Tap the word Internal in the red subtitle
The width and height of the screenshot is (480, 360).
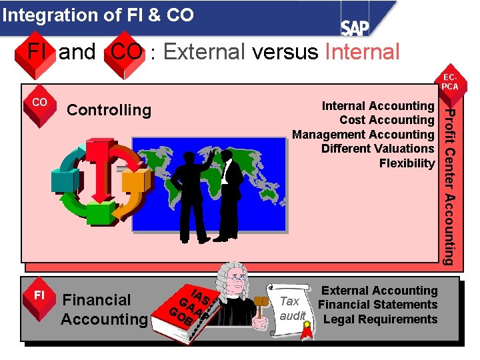(x=362, y=51)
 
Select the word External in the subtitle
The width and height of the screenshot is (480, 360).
(x=204, y=51)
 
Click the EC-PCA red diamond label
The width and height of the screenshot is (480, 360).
(x=451, y=82)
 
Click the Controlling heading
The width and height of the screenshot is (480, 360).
(x=109, y=110)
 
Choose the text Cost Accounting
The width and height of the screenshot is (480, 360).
(x=387, y=120)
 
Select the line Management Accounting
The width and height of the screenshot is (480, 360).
(x=363, y=135)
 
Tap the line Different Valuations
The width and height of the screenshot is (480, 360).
(x=377, y=149)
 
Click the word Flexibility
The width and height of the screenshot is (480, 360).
(x=407, y=163)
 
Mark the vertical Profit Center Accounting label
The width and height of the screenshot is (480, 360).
(x=451, y=187)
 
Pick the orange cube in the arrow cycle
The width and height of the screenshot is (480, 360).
(x=133, y=181)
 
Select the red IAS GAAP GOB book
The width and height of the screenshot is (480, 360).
(x=189, y=310)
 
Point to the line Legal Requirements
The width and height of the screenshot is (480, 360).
(x=380, y=319)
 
